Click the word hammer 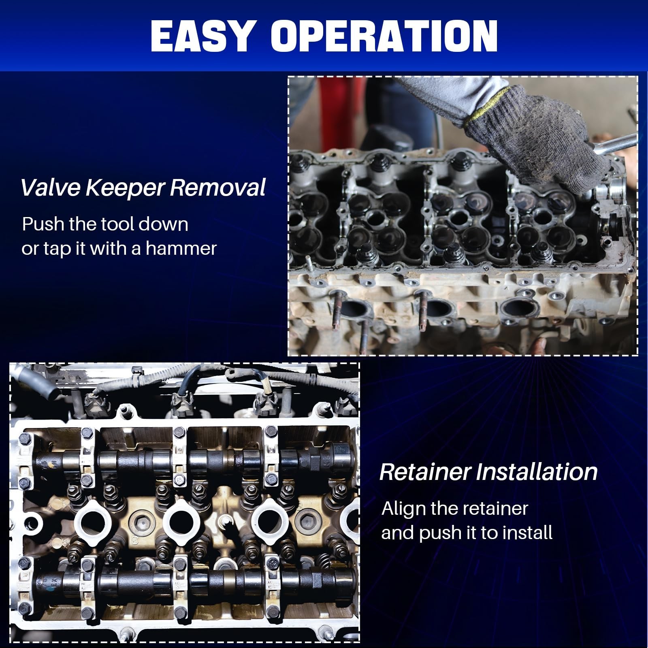181,248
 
